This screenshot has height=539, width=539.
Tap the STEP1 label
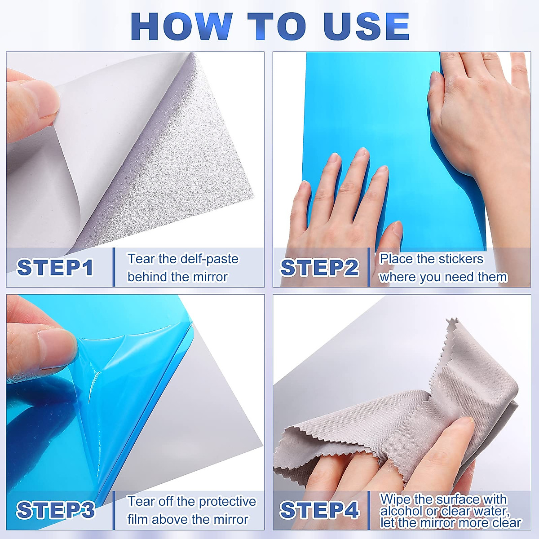pyautogui.click(x=55, y=268)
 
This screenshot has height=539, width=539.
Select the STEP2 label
pyautogui.click(x=319, y=268)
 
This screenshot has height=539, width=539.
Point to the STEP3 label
pyautogui.click(x=56, y=510)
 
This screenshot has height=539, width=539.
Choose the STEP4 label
pyautogui.click(x=319, y=510)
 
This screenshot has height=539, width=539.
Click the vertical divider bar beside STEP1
pyautogui.click(x=114, y=267)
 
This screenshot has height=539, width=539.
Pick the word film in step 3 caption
pyautogui.click(x=137, y=519)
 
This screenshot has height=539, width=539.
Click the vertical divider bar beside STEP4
pyautogui.click(x=369, y=510)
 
